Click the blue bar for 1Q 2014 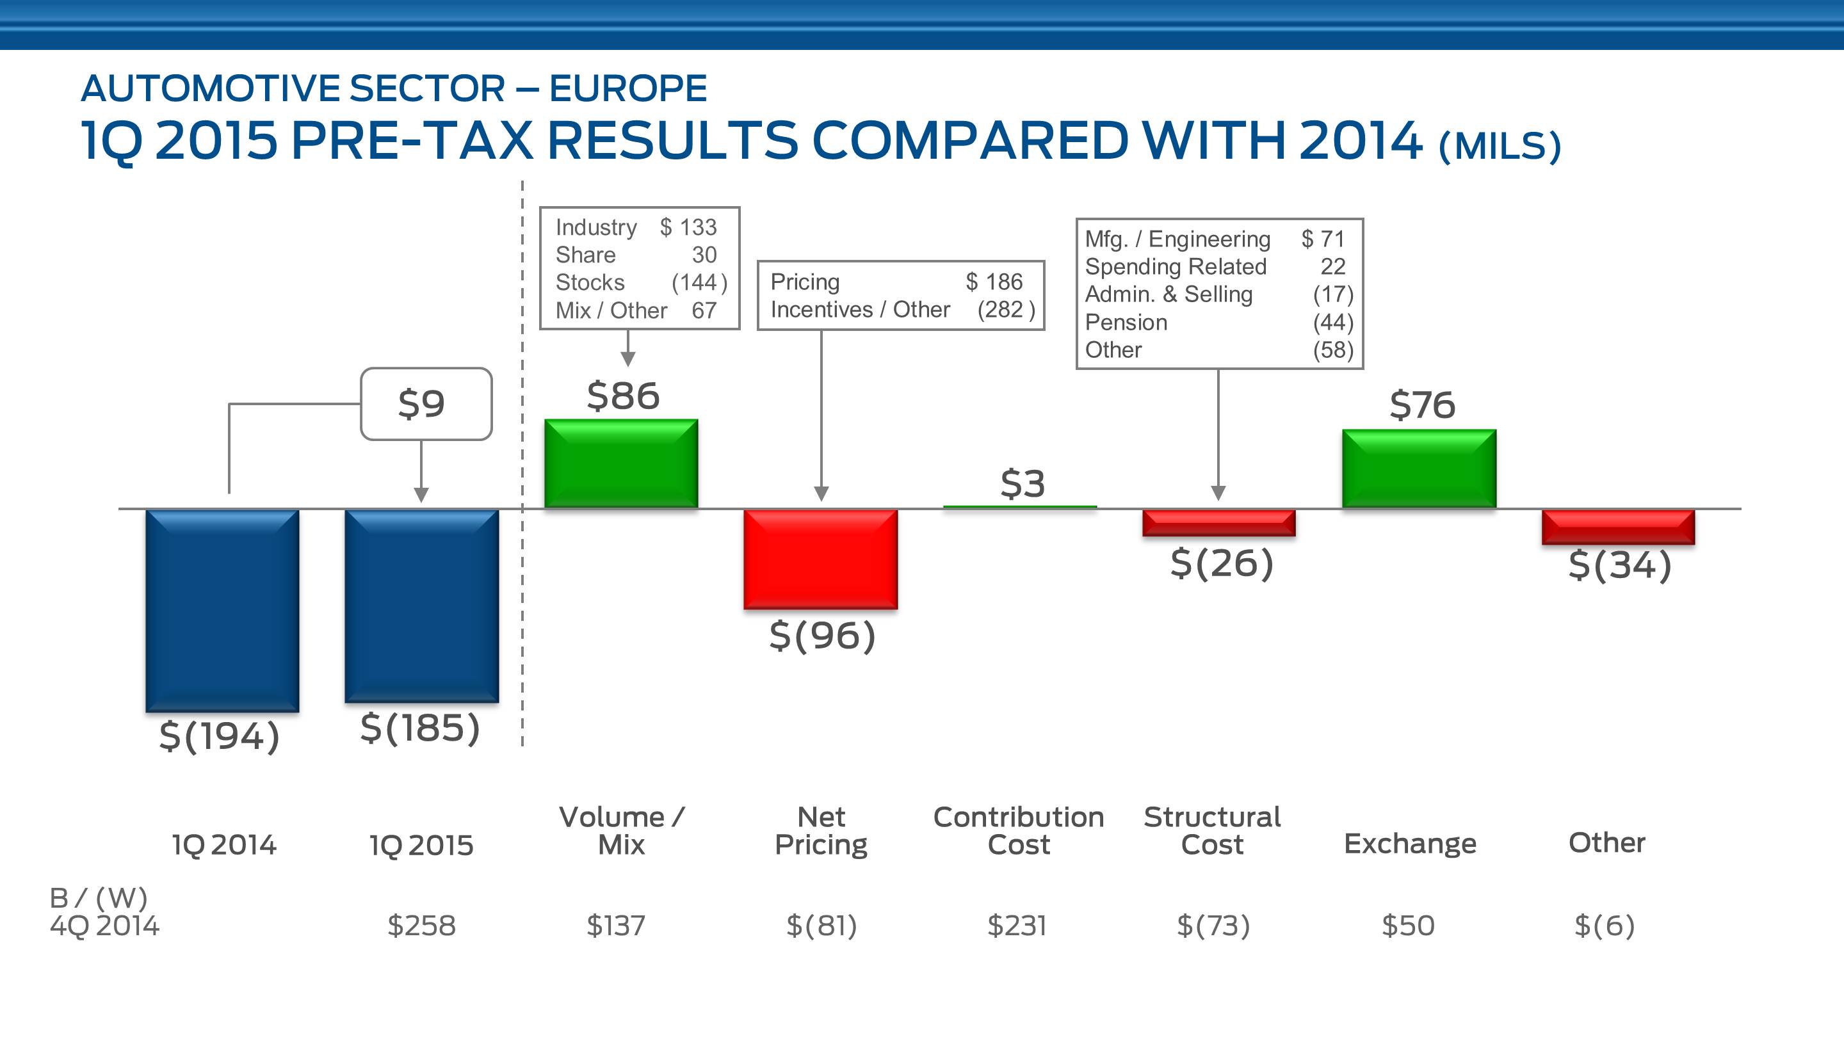[223, 610]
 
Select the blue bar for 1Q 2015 [422, 606]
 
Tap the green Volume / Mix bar [620, 463]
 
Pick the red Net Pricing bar [820, 559]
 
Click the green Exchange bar [1419, 468]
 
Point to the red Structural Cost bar [1218, 522]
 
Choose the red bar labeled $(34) [1618, 527]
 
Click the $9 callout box [426, 404]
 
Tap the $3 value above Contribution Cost [1023, 484]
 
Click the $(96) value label [821, 636]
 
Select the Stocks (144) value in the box [699, 283]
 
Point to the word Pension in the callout [1126, 322]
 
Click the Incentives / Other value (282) [1006, 310]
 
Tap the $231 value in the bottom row [1017, 926]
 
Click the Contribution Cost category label [1019, 830]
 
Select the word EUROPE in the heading [627, 89]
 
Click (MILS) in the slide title [1499, 146]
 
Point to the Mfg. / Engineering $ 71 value [1323, 238]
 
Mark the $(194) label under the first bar [219, 736]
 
